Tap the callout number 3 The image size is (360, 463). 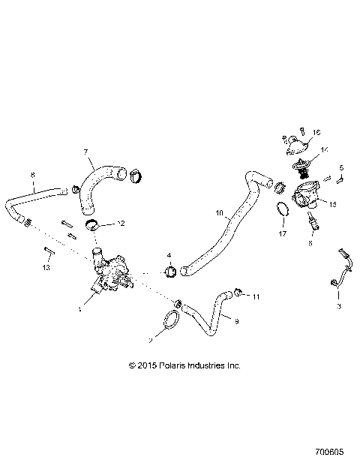(339, 307)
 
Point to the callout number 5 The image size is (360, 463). (341, 167)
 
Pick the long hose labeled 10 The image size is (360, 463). (225, 225)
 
